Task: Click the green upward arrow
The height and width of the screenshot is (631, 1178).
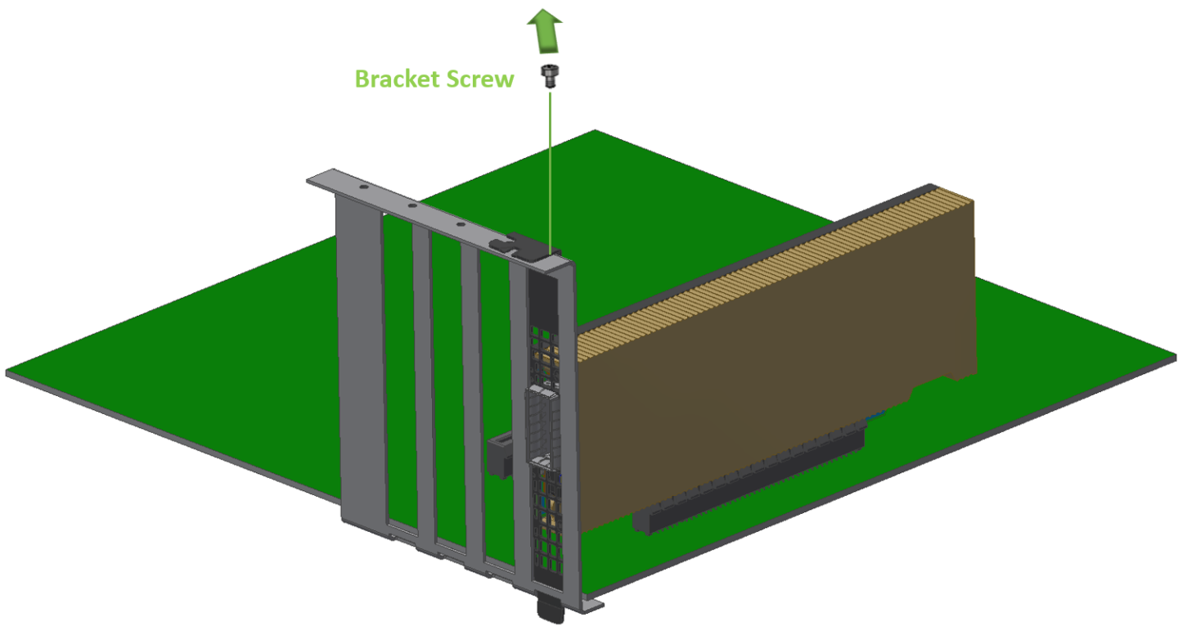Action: click(545, 31)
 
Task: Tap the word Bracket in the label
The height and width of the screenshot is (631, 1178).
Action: click(398, 79)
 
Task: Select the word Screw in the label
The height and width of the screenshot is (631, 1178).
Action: click(480, 79)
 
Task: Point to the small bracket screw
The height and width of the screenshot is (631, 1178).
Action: click(550, 76)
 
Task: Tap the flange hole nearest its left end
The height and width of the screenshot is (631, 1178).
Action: click(363, 187)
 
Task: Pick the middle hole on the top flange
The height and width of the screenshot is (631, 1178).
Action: click(412, 205)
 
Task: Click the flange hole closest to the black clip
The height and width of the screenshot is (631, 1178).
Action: click(461, 225)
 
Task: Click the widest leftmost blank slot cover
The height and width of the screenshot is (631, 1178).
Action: click(362, 363)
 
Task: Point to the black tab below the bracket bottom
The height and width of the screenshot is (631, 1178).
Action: click(551, 610)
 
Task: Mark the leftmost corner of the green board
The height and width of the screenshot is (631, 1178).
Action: click(7, 373)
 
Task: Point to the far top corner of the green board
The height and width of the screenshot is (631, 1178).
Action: click(595, 130)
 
